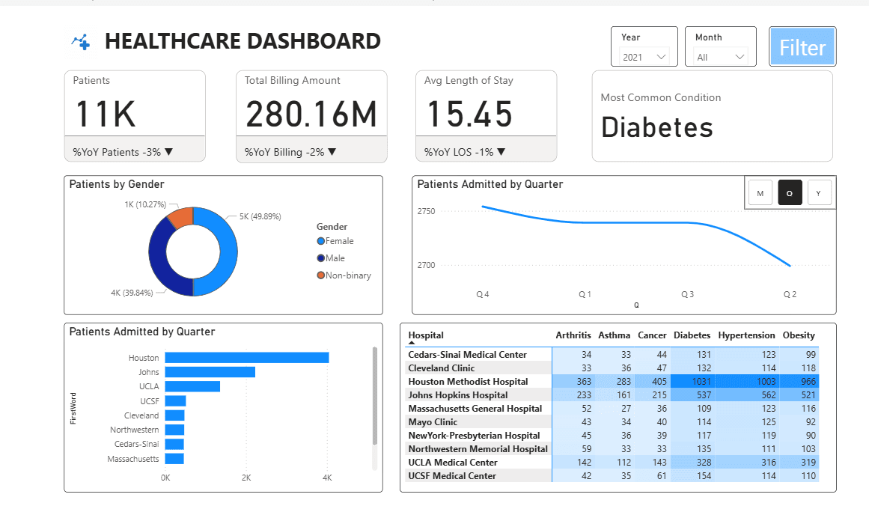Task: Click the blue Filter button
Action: (802, 47)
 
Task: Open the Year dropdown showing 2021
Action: (644, 57)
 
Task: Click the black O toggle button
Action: (790, 194)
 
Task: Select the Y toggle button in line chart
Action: (818, 194)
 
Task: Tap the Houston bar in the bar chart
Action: (246, 358)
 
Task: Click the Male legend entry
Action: (335, 258)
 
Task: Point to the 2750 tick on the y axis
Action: (426, 212)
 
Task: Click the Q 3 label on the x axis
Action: (687, 295)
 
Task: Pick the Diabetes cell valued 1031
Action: (692, 382)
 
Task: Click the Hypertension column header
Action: (746, 335)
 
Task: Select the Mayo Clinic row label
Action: (433, 422)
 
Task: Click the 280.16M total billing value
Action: (311, 115)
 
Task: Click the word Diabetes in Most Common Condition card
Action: (657, 127)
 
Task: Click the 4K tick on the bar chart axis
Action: (326, 478)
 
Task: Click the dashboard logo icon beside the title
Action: (81, 42)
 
